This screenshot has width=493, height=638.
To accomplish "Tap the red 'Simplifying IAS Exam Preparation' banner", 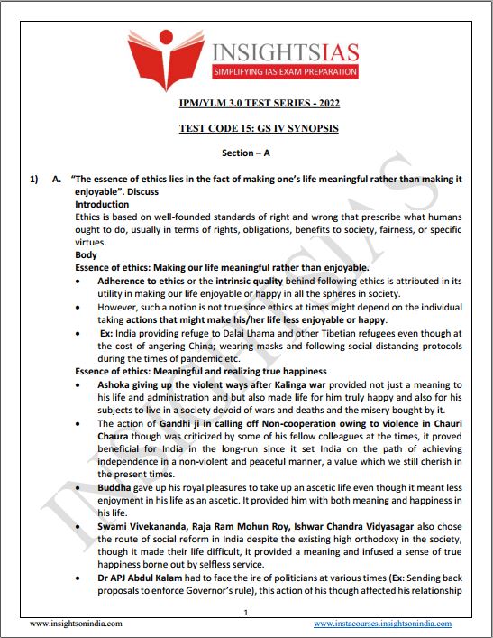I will pos(285,71).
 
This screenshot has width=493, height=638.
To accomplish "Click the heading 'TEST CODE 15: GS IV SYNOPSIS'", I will pos(245,128).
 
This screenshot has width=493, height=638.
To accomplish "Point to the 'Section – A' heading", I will pos(245,153).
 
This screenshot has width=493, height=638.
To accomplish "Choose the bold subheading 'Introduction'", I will pos(101,205).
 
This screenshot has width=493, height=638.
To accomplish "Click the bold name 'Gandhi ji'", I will pos(180,422).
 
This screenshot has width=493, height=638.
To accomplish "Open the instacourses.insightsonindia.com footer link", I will pos(382,624).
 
